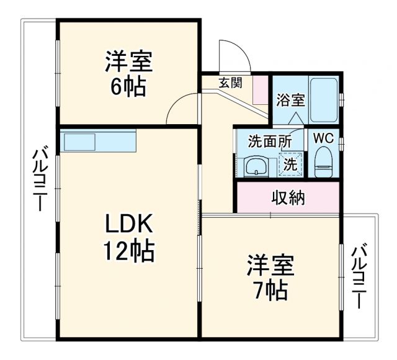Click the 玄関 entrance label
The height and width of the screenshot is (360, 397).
(x=230, y=82)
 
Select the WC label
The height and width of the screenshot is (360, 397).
(x=323, y=138)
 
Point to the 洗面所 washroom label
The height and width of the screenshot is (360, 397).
(x=270, y=141)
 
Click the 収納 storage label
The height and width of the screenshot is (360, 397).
(x=288, y=198)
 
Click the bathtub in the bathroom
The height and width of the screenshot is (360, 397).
(x=323, y=101)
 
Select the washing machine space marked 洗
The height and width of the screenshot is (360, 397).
(x=290, y=164)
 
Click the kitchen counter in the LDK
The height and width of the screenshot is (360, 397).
(x=99, y=142)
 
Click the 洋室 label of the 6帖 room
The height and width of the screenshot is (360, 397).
(x=128, y=62)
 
